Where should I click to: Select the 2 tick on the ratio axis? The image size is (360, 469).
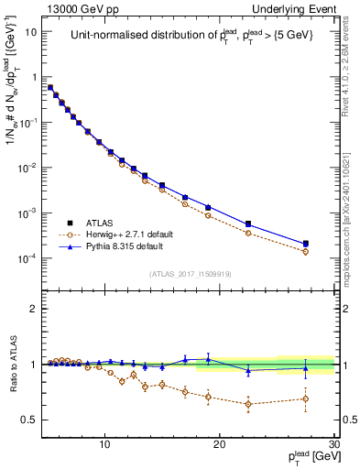click(34, 309)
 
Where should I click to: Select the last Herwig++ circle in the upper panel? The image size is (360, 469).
click(306, 251)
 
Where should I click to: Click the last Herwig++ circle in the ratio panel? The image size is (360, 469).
click(306, 398)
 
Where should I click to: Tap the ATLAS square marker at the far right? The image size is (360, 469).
click(306, 244)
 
